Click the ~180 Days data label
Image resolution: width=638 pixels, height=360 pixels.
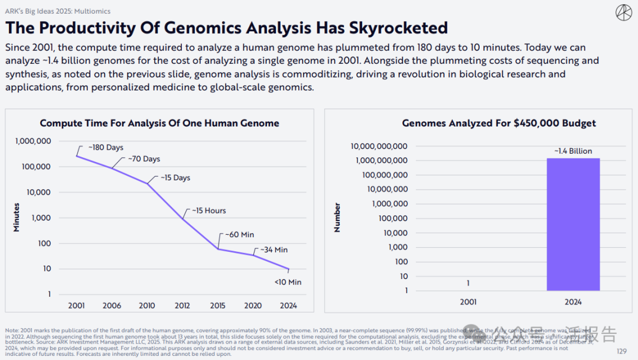[x=106, y=147]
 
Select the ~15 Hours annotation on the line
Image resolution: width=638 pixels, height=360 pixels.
[x=207, y=210]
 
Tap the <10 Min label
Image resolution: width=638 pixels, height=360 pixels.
[x=288, y=282]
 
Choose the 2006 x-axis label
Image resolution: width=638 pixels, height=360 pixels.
[x=112, y=306]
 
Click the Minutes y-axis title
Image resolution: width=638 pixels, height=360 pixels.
[x=17, y=217]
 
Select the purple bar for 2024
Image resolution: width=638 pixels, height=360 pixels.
[x=573, y=225]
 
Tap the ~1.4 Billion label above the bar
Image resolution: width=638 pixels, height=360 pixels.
[x=573, y=151]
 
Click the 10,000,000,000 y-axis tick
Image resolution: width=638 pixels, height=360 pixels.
[x=379, y=146]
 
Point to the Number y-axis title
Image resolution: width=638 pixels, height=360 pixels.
[x=337, y=217]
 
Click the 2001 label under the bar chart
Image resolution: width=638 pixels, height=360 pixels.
[x=468, y=302]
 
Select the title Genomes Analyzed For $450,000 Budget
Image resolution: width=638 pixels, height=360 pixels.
[x=499, y=124]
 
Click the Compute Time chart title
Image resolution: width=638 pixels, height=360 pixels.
[x=159, y=124]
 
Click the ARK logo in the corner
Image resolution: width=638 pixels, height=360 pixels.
[x=624, y=12]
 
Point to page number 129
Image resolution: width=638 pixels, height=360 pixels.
[x=621, y=351]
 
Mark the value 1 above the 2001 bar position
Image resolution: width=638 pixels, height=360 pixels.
[x=468, y=283]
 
